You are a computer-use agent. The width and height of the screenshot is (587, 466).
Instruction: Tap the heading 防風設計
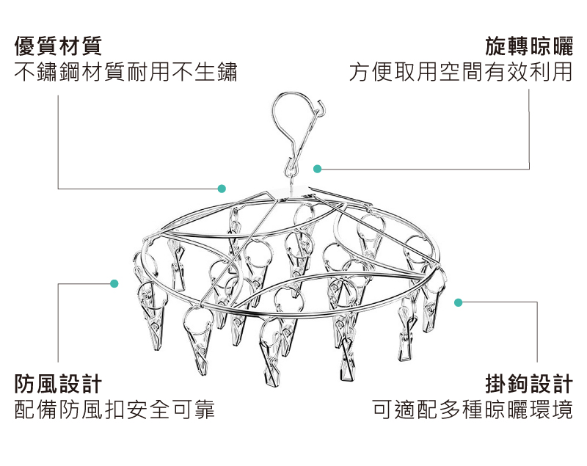pyautogui.click(x=58, y=383)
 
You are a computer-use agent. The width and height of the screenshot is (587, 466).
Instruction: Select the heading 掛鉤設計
pyautogui.click(x=529, y=383)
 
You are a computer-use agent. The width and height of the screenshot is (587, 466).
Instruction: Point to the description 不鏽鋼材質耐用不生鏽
pyautogui.click(x=125, y=72)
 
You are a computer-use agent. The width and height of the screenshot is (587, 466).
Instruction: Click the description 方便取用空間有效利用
pyautogui.click(x=461, y=72)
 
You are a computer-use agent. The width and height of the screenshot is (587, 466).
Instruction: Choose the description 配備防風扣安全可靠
pyautogui.click(x=114, y=409)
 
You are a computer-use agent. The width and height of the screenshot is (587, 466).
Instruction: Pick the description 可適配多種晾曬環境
pyautogui.click(x=473, y=409)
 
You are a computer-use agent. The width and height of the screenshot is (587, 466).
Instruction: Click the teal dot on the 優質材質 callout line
pyautogui.click(x=222, y=189)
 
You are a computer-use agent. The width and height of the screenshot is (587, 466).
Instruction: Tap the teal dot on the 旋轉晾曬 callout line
pyautogui.click(x=317, y=169)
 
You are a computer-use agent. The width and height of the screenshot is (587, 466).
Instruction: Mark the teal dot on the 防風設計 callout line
pyautogui.click(x=114, y=283)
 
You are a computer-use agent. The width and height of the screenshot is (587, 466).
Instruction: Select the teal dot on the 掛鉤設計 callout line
pyautogui.click(x=458, y=302)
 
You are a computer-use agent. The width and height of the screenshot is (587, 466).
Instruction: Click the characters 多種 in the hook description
pyautogui.click(x=462, y=409)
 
